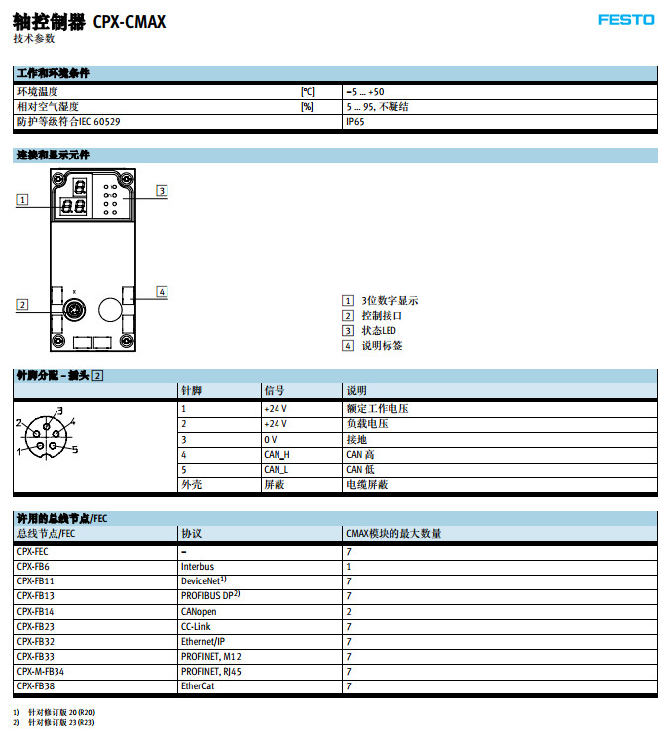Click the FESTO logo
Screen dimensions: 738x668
point(625,19)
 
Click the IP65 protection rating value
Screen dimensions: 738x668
point(355,122)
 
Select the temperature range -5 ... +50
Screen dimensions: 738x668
point(365,92)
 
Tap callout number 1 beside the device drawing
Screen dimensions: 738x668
point(21,199)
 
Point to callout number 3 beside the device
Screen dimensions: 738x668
point(161,190)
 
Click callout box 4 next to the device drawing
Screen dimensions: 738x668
point(162,291)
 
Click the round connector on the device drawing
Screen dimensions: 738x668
point(73,312)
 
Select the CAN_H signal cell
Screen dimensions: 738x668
point(277,455)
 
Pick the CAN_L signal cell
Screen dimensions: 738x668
point(276,470)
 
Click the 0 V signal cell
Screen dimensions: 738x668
point(270,439)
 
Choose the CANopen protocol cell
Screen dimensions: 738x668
point(198,611)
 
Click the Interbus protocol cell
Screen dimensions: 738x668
point(197,567)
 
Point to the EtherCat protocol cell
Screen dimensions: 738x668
point(198,685)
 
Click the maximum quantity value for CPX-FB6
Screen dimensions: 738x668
point(349,567)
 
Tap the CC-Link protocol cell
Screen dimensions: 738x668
point(195,626)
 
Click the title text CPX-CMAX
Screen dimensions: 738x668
point(130,20)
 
